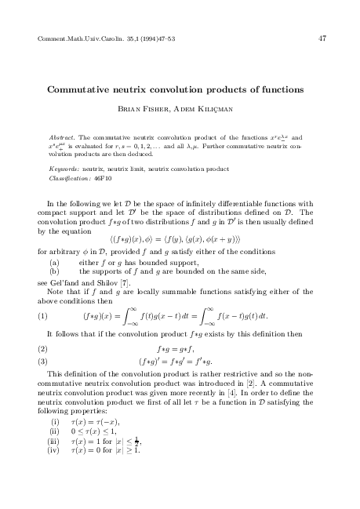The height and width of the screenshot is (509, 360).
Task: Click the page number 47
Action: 322,38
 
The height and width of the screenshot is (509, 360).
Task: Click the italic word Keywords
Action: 63,168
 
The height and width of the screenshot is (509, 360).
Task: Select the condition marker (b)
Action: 56,270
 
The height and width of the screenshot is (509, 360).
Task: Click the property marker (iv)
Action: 55,474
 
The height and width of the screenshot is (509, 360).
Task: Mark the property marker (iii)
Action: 55,464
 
